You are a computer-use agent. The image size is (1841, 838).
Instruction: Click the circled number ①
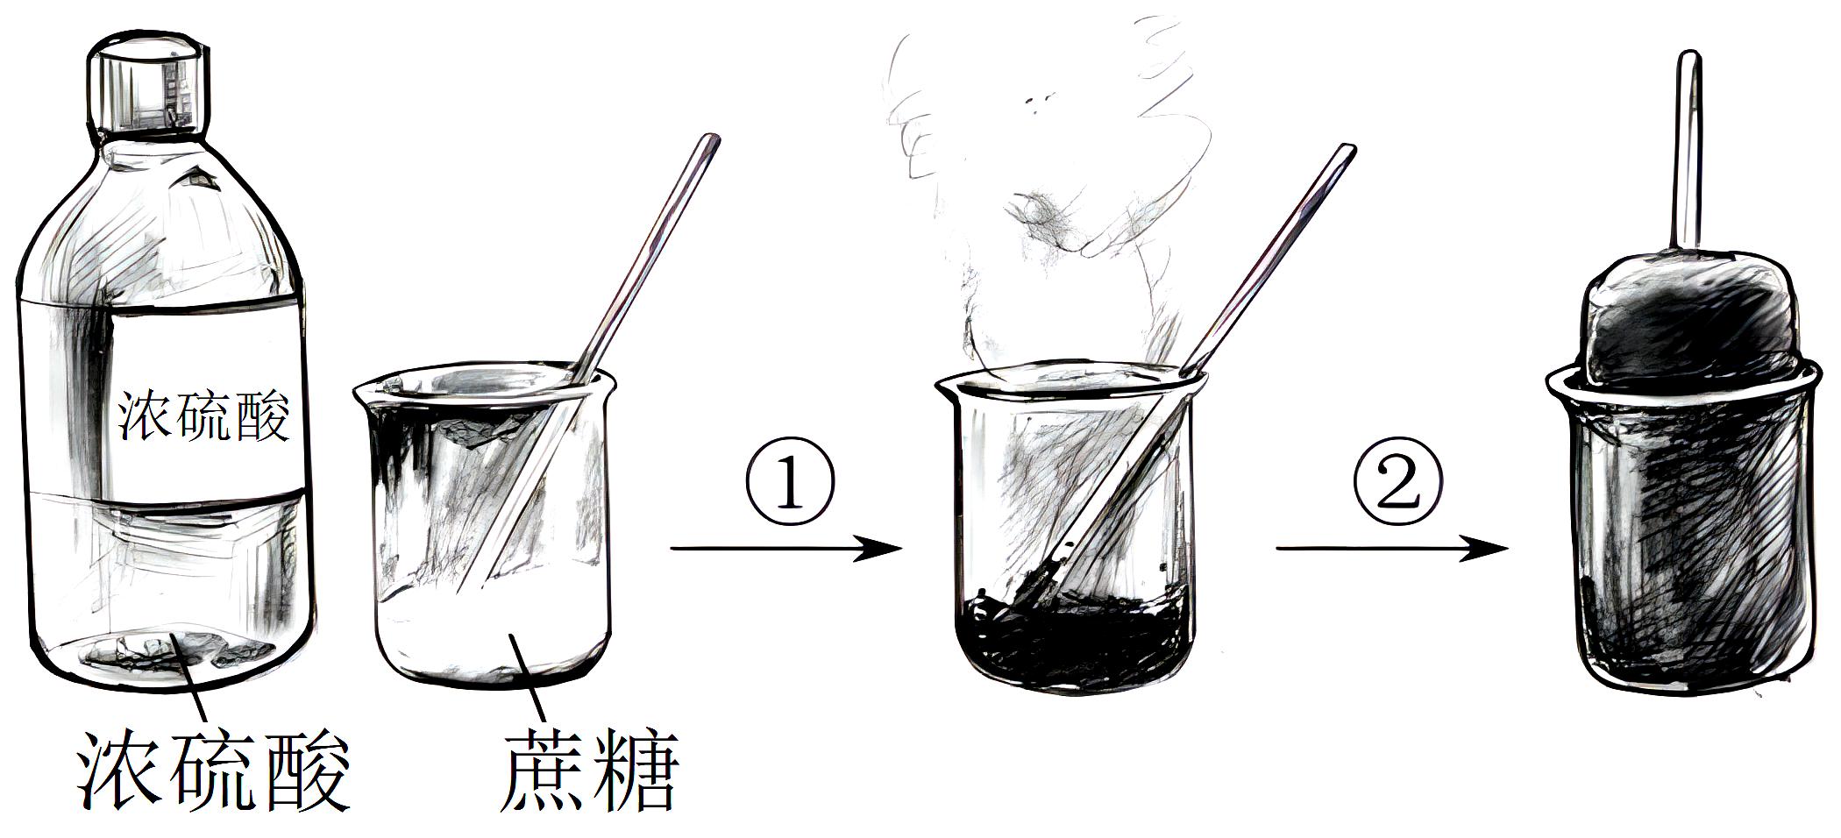(790, 483)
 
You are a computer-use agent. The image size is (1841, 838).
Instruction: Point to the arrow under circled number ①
(786, 550)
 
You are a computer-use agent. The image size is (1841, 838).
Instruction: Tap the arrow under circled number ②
(1392, 550)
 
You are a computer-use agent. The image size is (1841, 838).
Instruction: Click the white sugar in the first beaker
(491, 631)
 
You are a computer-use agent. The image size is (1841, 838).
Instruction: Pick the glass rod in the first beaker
(596, 351)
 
